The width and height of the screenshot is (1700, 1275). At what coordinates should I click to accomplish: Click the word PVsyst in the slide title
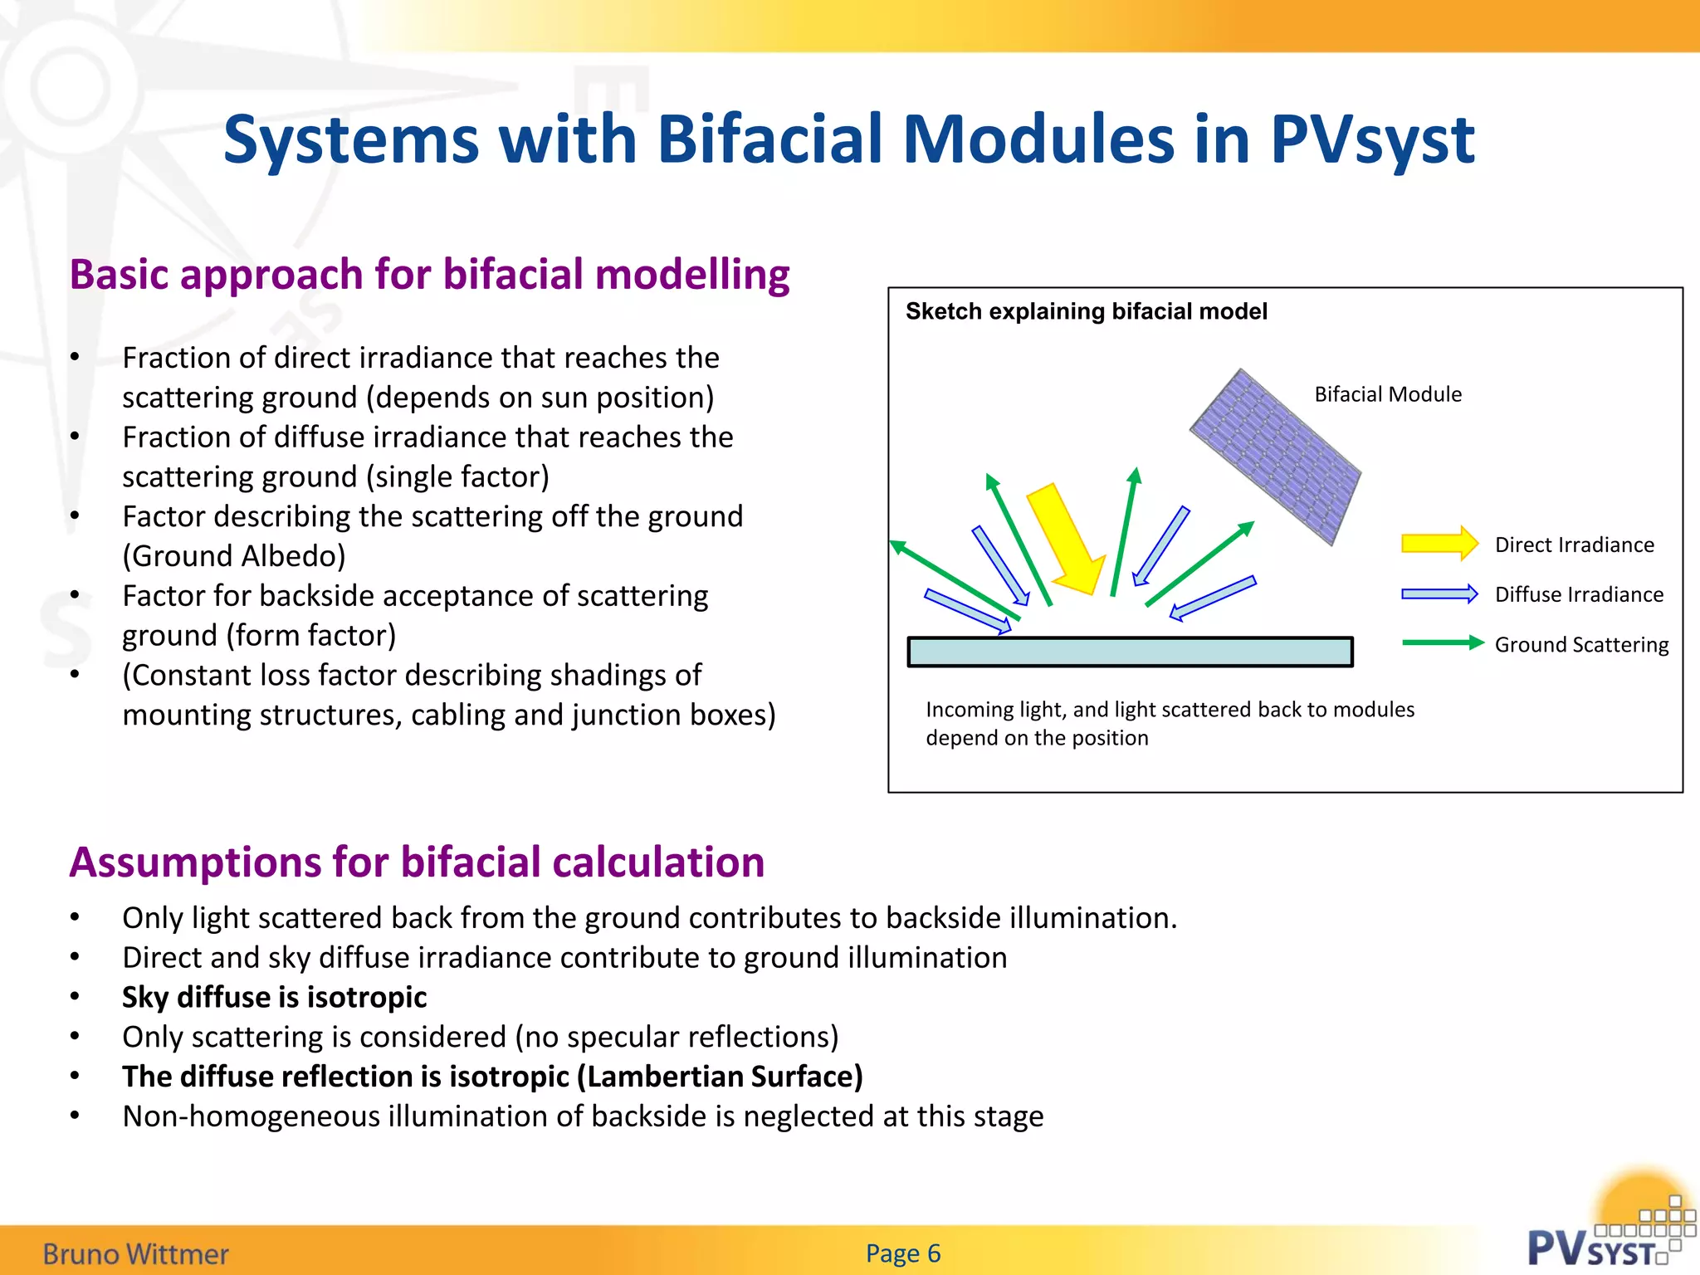tap(1371, 139)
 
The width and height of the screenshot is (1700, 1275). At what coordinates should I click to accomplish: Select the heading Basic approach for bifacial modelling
tap(429, 275)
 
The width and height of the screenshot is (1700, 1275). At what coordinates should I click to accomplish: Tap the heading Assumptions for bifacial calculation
tap(417, 862)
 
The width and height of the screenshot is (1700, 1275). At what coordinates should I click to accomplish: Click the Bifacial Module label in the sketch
tap(1387, 394)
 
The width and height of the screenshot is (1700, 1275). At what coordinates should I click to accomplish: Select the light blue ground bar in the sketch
tap(1130, 652)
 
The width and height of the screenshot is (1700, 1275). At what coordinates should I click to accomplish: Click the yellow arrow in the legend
tap(1439, 545)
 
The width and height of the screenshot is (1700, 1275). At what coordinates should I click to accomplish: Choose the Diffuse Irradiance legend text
tap(1578, 594)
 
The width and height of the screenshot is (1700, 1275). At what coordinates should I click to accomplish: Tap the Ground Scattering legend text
tap(1580, 645)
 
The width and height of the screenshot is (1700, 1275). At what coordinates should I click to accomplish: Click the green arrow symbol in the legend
tap(1442, 642)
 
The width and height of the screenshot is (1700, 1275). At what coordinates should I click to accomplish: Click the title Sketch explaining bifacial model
tap(1086, 311)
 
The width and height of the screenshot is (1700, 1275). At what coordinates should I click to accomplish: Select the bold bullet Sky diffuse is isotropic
tap(274, 997)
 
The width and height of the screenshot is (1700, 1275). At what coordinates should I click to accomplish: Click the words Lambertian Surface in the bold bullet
tap(721, 1077)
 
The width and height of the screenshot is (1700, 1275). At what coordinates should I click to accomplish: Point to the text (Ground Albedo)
tap(233, 556)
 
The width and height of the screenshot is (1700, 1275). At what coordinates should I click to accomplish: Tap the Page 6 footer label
tap(902, 1253)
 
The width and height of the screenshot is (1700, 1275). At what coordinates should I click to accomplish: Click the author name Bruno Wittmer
tap(135, 1253)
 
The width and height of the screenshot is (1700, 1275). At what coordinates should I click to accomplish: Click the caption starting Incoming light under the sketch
tap(1169, 723)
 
